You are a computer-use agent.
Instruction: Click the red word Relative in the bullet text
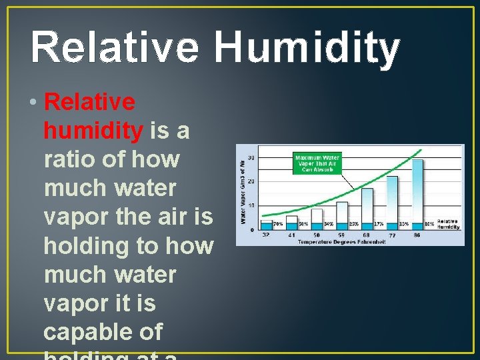click(x=89, y=103)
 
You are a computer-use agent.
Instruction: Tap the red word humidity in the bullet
click(x=93, y=131)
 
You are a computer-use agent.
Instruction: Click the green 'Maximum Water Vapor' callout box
click(x=317, y=163)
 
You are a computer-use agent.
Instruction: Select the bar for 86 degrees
click(x=417, y=193)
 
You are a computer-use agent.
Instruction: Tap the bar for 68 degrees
click(x=367, y=208)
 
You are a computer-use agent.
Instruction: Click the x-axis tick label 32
click(x=266, y=235)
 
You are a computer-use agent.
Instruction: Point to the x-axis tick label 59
click(x=341, y=235)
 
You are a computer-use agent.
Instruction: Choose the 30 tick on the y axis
click(x=251, y=157)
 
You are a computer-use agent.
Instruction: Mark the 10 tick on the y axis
click(x=251, y=205)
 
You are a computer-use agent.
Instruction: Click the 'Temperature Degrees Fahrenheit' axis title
click(x=342, y=241)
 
